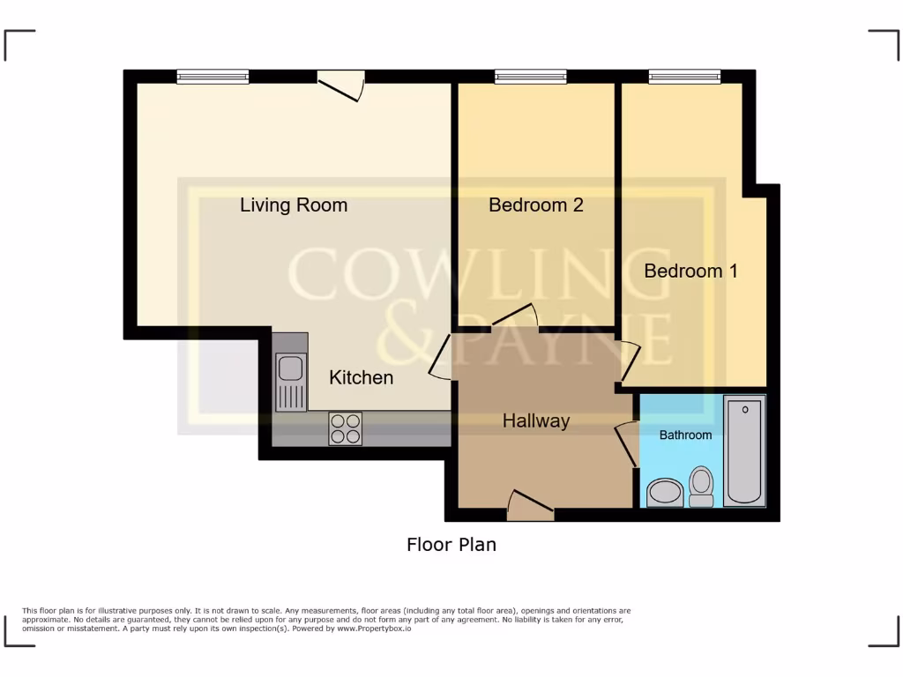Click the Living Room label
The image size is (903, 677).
tap(294, 205)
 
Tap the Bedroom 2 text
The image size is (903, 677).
tap(536, 205)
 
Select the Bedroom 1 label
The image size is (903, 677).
tap(690, 271)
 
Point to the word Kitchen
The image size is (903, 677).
tap(361, 377)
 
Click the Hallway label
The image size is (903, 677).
tap(535, 421)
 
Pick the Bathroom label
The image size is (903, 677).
tap(685, 435)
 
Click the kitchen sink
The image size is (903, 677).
tap(290, 380)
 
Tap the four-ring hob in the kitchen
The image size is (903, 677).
tap(345, 428)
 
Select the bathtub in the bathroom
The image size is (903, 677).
tap(744, 450)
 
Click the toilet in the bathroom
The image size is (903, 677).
tap(701, 486)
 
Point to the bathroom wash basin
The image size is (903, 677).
tap(665, 493)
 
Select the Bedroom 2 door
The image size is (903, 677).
tap(515, 315)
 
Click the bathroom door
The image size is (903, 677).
tap(627, 443)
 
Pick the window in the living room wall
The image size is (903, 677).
tap(212, 78)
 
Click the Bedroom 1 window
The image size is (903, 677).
tap(684, 78)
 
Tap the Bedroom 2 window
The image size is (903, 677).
tap(530, 78)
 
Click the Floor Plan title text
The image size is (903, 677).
tap(451, 545)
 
